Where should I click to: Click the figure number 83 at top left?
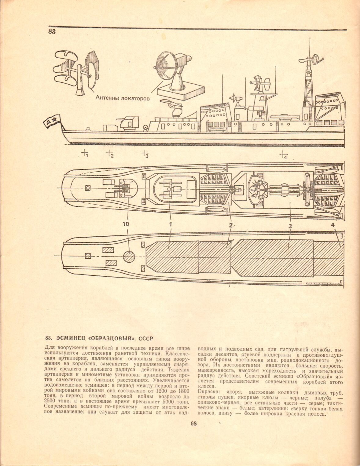click(x=52, y=32)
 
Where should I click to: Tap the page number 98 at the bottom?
click(x=194, y=424)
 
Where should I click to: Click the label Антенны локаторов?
click(x=123, y=98)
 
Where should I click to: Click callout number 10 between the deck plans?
click(x=126, y=224)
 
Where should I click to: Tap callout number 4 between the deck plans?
click(x=333, y=224)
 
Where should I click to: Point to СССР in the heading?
click(x=145, y=338)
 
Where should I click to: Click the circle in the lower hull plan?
click(x=129, y=257)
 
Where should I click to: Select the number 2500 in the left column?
click(x=50, y=401)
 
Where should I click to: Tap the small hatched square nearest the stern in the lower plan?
click(x=88, y=256)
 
